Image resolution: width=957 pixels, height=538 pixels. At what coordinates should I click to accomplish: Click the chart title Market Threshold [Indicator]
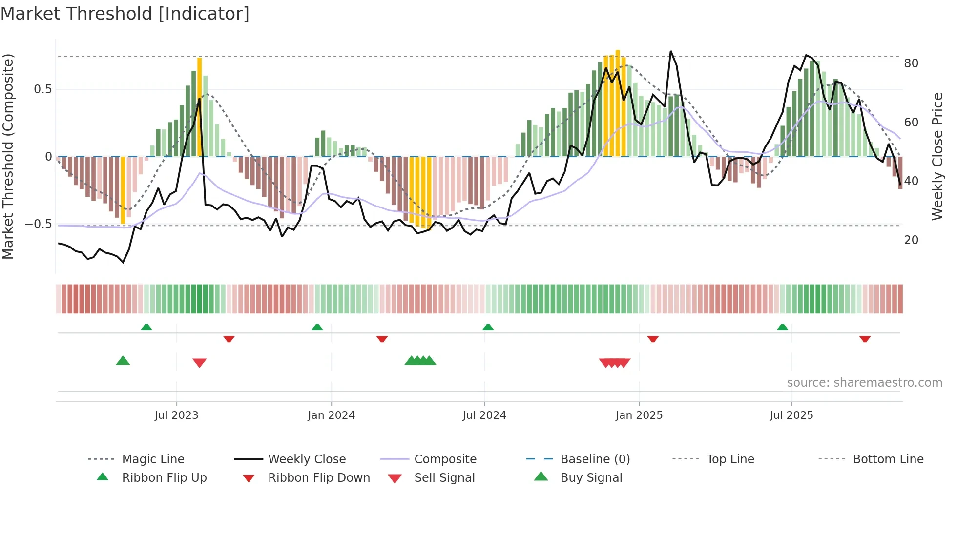(x=125, y=14)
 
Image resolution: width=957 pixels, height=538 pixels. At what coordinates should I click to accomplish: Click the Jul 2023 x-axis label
(x=176, y=415)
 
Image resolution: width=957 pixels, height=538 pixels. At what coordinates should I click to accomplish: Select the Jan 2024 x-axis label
(x=331, y=415)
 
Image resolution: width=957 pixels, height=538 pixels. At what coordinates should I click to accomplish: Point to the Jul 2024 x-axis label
(x=484, y=415)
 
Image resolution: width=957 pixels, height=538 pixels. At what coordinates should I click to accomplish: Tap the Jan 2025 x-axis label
(x=639, y=415)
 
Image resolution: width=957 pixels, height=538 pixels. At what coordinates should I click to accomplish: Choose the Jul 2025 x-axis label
(x=791, y=415)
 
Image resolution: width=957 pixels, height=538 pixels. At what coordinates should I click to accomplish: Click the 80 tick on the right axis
(x=911, y=63)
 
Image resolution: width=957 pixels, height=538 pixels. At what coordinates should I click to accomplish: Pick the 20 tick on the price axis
(x=911, y=240)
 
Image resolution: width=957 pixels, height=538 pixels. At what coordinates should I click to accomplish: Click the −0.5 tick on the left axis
(x=38, y=224)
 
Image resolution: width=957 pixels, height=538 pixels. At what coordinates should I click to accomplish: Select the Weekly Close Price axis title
(x=937, y=156)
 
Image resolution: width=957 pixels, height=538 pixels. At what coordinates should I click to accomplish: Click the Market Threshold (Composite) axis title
(x=8, y=156)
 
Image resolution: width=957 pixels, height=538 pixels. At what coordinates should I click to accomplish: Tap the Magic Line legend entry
(x=153, y=459)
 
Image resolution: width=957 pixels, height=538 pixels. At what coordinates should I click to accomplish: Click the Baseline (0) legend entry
(x=595, y=459)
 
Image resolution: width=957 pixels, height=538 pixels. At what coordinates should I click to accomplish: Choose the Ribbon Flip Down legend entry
(x=319, y=478)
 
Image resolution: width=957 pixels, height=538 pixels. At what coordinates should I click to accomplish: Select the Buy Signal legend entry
(x=591, y=478)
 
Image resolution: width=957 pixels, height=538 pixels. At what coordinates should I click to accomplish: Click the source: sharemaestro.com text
(x=864, y=383)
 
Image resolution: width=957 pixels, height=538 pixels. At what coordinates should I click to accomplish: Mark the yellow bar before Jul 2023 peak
(x=199, y=107)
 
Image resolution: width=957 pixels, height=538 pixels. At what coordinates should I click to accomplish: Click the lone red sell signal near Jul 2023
(x=199, y=363)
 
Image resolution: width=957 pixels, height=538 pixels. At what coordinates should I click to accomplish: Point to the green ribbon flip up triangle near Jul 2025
(x=782, y=327)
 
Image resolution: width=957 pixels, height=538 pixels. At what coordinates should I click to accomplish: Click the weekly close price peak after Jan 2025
(x=671, y=51)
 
